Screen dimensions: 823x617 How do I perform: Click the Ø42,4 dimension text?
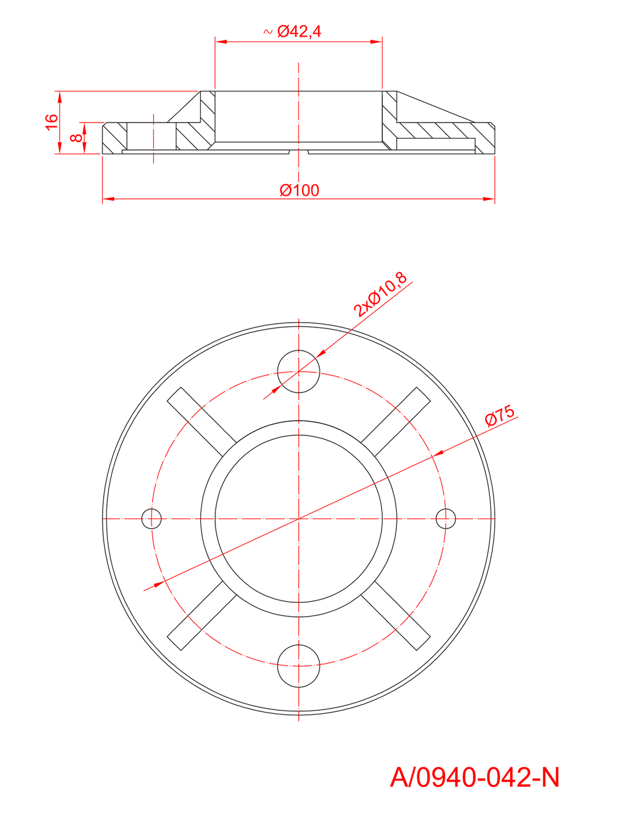coord(299,32)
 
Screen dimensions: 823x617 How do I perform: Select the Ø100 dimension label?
coord(299,190)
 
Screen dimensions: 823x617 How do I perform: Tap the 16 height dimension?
coord(51,122)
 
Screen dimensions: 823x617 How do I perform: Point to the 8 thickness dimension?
coord(76,138)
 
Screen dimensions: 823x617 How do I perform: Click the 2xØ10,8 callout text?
coord(380,294)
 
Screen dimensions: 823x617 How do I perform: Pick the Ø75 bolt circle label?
coord(500,416)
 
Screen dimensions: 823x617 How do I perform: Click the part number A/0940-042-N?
coord(474,777)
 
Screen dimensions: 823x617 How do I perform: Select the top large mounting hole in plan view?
coord(299,371)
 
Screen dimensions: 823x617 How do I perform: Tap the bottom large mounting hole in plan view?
coord(299,666)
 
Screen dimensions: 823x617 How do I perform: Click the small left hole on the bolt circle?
coord(152,518)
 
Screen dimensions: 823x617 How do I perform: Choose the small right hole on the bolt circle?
coord(445,518)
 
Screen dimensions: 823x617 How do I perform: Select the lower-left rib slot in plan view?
coord(202,616)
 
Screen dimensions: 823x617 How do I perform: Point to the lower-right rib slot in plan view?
coord(396,616)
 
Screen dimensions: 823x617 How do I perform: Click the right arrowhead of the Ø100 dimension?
coord(488,199)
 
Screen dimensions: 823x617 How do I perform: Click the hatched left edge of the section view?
coord(115,138)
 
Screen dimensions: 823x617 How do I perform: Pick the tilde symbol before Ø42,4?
coord(267,32)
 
